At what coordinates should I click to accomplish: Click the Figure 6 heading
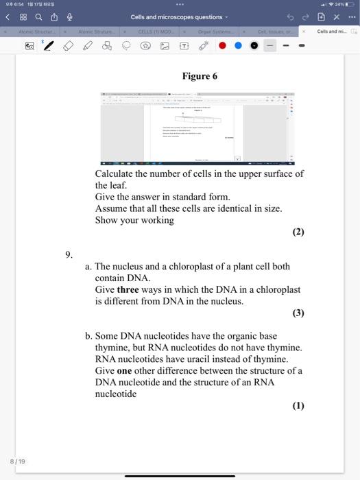[x=199, y=76]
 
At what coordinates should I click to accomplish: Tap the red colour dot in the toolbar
[x=223, y=46]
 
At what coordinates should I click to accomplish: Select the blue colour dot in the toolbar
[x=239, y=46]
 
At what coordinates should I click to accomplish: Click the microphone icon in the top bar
[x=67, y=16]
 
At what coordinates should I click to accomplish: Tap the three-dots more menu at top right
[x=351, y=16]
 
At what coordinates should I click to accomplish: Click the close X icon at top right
[x=337, y=16]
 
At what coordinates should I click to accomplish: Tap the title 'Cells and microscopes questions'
[x=177, y=16]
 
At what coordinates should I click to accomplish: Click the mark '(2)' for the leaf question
[x=298, y=232]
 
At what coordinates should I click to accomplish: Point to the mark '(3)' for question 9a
[x=298, y=313]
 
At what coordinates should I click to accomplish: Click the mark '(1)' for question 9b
[x=298, y=405]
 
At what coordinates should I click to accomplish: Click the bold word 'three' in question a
[x=128, y=289]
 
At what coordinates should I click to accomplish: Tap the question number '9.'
[x=69, y=254]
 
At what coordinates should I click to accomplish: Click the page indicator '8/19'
[x=17, y=461]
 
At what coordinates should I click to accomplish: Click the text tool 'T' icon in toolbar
[x=184, y=46]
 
